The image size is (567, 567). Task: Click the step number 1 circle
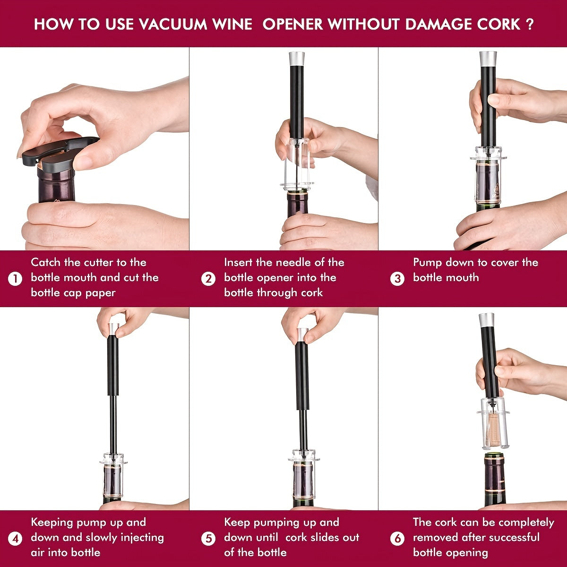(16, 279)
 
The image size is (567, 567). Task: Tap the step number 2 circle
(208, 279)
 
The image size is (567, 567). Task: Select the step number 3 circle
(397, 279)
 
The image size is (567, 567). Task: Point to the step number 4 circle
(16, 539)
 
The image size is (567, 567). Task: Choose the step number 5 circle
(208, 539)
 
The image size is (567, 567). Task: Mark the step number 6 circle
(397, 539)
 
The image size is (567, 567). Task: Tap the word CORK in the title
(494, 24)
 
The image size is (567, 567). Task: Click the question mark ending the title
(529, 24)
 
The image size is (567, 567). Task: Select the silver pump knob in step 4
(113, 329)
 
